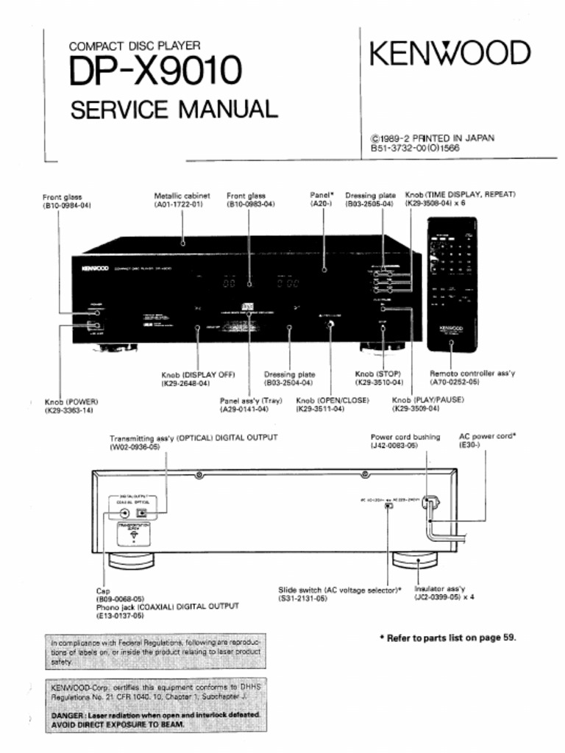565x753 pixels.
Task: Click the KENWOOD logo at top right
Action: click(x=449, y=54)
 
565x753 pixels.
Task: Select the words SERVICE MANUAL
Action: click(x=174, y=110)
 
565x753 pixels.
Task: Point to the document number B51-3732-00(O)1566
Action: click(x=415, y=148)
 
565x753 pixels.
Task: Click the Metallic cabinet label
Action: click(x=182, y=196)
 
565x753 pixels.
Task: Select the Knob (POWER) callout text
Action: click(x=71, y=402)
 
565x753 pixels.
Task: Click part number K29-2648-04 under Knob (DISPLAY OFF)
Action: click(x=185, y=383)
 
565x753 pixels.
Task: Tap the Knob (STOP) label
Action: click(x=378, y=374)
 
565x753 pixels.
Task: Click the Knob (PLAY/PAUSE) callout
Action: click(x=422, y=400)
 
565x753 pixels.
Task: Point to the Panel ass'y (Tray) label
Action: click(x=251, y=400)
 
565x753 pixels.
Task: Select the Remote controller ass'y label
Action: click(x=472, y=374)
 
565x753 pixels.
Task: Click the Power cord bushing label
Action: click(x=405, y=437)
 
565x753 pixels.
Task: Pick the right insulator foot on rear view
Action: click(x=417, y=560)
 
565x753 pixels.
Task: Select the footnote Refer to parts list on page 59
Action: click(x=447, y=638)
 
